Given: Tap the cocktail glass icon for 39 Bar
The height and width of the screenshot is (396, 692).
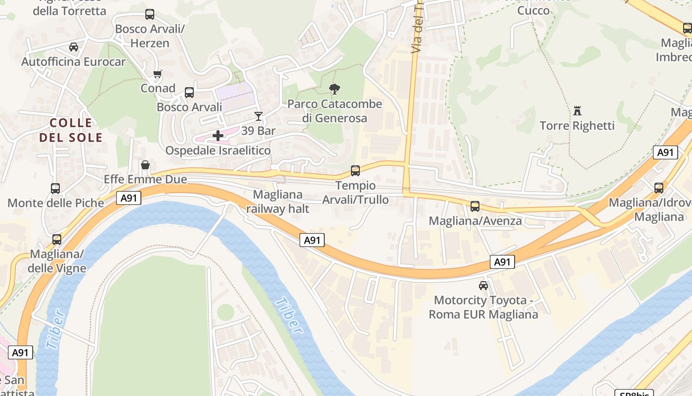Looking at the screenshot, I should pos(258,116).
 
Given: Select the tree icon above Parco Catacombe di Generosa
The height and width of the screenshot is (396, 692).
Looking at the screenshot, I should pos(335,89).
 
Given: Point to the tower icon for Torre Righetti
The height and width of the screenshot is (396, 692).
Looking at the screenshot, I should pos(577,110).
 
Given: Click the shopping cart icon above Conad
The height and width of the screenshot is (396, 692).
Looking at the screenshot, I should pos(158,74).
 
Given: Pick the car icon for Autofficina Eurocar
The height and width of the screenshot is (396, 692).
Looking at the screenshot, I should pos(74,47).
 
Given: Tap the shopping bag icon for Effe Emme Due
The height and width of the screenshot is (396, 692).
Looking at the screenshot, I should pos(145,164).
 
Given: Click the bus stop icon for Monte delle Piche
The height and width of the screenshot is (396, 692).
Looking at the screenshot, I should pos(55,189).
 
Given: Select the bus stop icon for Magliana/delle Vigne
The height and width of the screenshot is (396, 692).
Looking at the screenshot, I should pos(57,240).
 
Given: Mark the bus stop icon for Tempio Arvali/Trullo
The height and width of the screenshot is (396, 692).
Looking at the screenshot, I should pos(355,171).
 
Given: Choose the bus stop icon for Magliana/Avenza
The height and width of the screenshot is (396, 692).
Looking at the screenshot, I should pos(475,206).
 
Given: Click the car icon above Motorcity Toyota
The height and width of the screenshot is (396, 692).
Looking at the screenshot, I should pos(483,285).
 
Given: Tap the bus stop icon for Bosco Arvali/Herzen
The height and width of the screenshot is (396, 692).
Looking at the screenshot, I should pos(150,14).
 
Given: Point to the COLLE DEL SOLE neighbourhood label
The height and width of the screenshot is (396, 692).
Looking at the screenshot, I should pos(71,130).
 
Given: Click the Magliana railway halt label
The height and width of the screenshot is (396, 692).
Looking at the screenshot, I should pos(278,201).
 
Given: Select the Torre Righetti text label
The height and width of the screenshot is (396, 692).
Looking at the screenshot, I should pos(577,126).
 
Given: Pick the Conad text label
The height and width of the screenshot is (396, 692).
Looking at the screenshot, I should pos(158,88).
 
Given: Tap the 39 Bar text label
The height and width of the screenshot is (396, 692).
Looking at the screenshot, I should pos(258,131).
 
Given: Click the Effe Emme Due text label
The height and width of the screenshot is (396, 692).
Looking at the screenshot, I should pos(145,179).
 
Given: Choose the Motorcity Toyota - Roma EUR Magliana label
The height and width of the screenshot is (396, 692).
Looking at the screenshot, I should pos(483,307).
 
